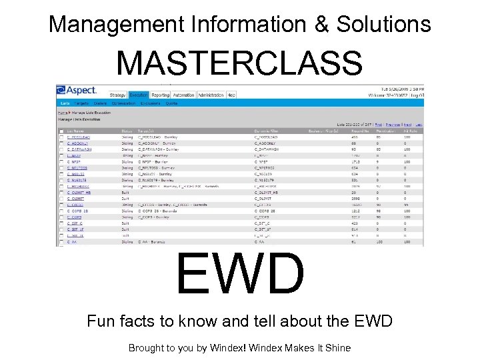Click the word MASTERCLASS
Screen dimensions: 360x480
239,64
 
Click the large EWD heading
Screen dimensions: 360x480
240,273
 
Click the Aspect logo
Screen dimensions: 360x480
77,89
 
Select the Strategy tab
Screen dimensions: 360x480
117,95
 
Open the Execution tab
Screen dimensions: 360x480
139,95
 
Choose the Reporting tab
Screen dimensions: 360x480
160,95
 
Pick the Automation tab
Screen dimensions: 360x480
183,95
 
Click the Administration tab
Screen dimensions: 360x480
211,95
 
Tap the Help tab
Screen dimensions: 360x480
231,95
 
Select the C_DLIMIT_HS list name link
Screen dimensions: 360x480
78,192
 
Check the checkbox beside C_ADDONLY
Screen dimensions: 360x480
62,143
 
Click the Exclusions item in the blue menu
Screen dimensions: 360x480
149,103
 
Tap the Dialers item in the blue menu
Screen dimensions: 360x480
101,103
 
